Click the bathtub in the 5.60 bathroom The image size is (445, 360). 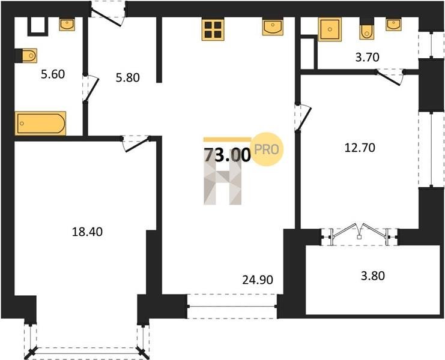(x=40, y=124)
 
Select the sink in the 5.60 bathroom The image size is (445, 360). (x=67, y=25)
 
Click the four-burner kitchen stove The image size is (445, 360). (x=213, y=29)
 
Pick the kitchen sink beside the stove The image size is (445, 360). (x=273, y=27)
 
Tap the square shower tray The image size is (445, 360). (x=330, y=29)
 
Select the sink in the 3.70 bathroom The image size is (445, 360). (x=393, y=25)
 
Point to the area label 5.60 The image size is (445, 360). (x=53, y=74)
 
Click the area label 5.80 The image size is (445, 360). (x=128, y=77)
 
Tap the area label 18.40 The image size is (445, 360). (x=88, y=232)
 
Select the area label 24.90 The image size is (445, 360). (x=258, y=280)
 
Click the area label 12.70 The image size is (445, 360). (x=360, y=148)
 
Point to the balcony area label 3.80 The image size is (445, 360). (x=373, y=275)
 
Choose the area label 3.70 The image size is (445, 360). (x=368, y=57)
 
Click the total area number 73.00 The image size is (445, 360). (x=228, y=155)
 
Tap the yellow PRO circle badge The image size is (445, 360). (x=267, y=149)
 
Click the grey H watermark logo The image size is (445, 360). (x=222, y=184)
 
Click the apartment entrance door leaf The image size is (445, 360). (x=106, y=17)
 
